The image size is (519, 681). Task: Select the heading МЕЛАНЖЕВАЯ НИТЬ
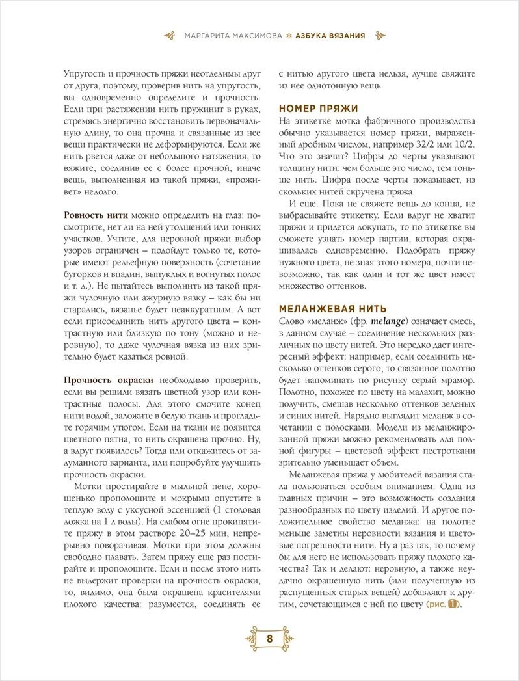(332, 308)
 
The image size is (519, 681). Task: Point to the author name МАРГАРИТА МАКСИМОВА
(233, 35)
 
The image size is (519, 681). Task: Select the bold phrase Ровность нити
(96, 215)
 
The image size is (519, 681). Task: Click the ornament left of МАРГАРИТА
(170, 35)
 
